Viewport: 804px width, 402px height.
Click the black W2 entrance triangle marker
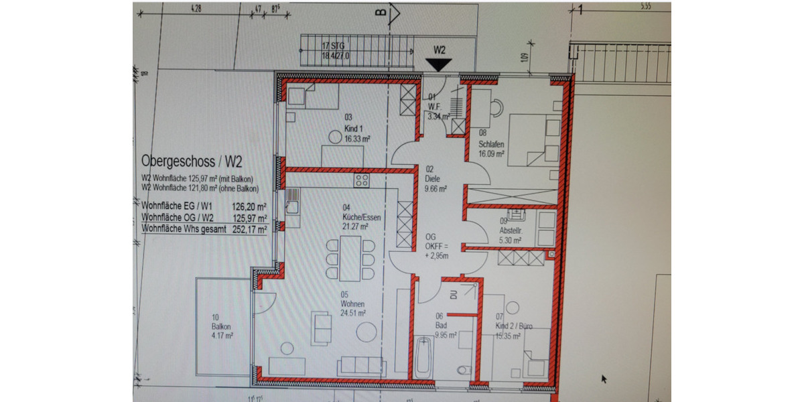pos(440,64)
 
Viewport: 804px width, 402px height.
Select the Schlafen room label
pos(491,144)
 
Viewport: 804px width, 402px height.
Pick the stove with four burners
pos(362,180)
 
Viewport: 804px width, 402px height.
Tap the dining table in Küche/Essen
pos(350,259)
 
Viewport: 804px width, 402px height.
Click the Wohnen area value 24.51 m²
pos(352,312)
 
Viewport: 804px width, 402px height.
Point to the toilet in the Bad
pos(461,371)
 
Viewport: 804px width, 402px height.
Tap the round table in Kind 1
pos(334,137)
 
